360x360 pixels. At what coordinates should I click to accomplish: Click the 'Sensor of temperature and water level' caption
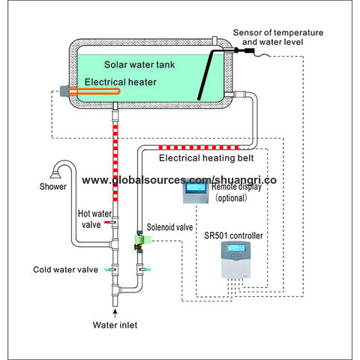[x=278, y=37]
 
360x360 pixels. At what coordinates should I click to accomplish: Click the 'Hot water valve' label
[x=94, y=217]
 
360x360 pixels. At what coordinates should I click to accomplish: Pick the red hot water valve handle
[x=108, y=223]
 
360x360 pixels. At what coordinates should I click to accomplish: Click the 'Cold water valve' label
[x=64, y=269]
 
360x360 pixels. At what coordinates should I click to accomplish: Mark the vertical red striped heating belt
[x=115, y=165]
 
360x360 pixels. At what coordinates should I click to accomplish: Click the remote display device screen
[x=199, y=193]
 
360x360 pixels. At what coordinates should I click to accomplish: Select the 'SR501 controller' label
[x=233, y=235]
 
